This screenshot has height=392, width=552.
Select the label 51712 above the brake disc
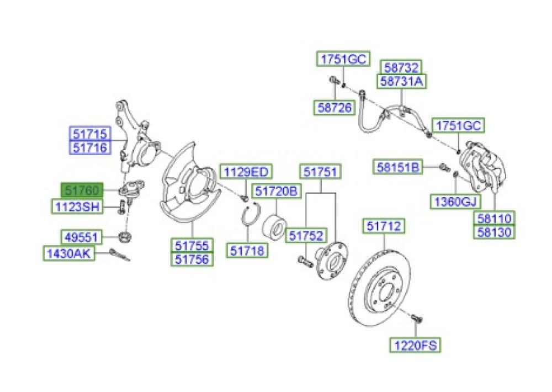384,226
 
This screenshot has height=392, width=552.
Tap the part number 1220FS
415,345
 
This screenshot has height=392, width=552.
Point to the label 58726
335,108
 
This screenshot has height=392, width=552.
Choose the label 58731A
402,81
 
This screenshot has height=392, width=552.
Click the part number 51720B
277,191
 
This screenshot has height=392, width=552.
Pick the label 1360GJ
455,202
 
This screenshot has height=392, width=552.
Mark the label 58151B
398,167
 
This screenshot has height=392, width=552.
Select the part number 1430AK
69,253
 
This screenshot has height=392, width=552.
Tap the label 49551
81,237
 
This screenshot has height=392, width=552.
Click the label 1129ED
246,172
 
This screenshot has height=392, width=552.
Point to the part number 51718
247,251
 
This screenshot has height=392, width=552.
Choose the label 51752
306,236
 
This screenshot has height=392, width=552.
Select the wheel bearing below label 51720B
275,225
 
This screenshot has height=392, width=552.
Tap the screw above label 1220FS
416,318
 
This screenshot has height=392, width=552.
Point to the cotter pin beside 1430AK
120,255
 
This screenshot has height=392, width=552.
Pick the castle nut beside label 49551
125,236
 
